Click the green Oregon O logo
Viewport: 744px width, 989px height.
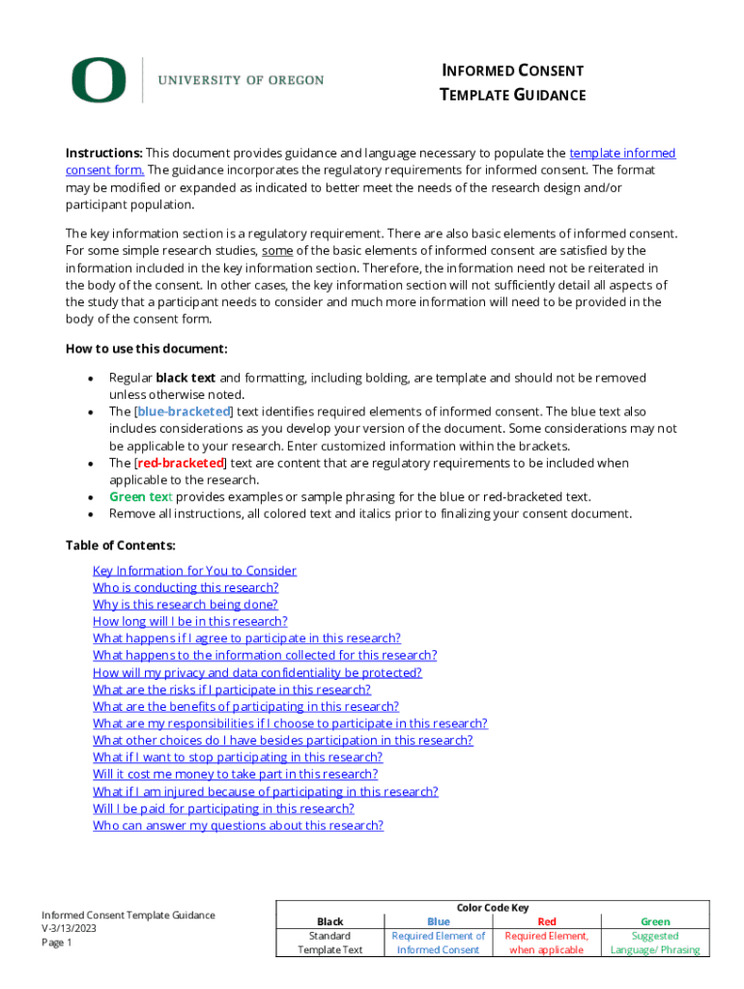[98, 80]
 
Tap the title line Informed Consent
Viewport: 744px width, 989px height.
[512, 71]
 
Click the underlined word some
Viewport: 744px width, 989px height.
[278, 251]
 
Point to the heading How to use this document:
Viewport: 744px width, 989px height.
[146, 349]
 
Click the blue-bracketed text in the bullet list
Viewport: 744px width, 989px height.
[184, 411]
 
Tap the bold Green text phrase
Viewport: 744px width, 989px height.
[140, 496]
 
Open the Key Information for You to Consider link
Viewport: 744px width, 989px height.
[194, 571]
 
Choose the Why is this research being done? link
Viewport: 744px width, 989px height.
[185, 605]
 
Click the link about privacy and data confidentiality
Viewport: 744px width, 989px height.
[257, 672]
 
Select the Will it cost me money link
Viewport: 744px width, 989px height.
[235, 774]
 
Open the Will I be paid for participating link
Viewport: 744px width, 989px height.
[223, 808]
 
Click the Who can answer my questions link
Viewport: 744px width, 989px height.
[238, 825]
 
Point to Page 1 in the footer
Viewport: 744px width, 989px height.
[57, 943]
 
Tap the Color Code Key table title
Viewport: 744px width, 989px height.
[492, 908]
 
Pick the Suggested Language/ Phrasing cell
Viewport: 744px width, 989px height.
[654, 943]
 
